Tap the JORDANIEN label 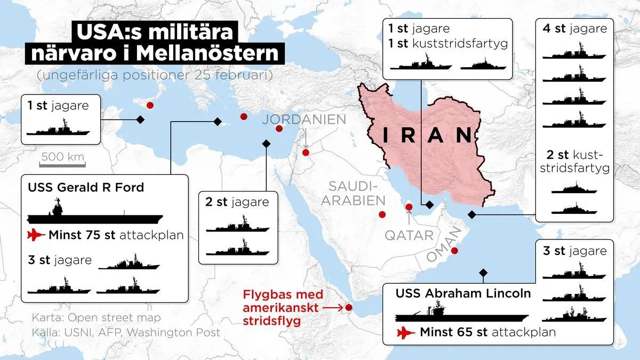point(303,119)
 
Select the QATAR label point(409,235)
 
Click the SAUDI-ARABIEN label point(356,193)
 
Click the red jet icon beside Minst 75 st point(36,235)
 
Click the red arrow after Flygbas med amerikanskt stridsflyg point(333,308)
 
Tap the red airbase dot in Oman point(454,251)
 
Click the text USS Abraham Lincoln point(463,293)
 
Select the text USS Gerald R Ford point(85,188)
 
